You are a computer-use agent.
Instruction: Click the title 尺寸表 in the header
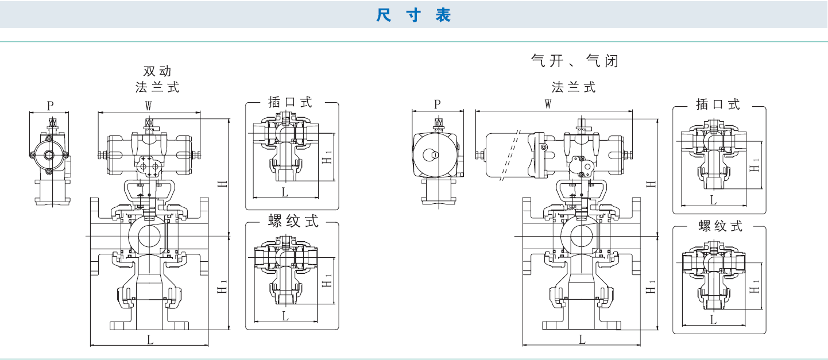point(413,15)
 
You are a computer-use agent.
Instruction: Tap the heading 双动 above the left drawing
point(157,72)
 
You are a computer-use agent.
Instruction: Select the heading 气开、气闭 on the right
point(574,61)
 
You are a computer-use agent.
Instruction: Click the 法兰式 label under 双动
point(157,87)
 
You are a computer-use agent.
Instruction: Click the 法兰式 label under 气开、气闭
point(574,87)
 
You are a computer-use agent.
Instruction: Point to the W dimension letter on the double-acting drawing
point(148,106)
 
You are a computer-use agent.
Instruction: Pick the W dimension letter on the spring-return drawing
point(548,104)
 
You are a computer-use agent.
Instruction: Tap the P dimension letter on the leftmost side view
point(50,106)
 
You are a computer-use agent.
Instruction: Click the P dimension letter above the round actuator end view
point(438,104)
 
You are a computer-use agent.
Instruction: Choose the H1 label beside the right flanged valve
point(651,287)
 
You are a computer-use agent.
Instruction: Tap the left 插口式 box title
point(291,103)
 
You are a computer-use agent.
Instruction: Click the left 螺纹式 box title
point(293,222)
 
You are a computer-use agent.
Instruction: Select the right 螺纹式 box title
point(721,226)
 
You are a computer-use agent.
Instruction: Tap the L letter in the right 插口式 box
point(713,200)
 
